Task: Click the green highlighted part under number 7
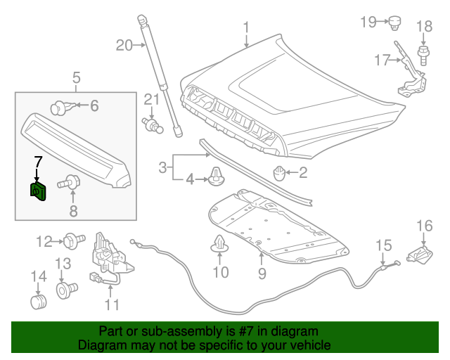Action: click(x=37, y=191)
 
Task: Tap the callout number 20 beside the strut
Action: click(x=124, y=46)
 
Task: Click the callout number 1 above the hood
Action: click(x=247, y=27)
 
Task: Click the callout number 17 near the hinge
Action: click(x=381, y=60)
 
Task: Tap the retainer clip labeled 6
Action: click(x=62, y=107)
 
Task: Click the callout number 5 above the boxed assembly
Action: click(x=76, y=77)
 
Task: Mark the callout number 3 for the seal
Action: click(x=162, y=168)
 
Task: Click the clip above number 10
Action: click(x=220, y=245)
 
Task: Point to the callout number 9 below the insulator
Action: click(x=262, y=273)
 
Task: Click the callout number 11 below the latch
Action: click(x=112, y=304)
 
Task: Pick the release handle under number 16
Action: click(x=423, y=254)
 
